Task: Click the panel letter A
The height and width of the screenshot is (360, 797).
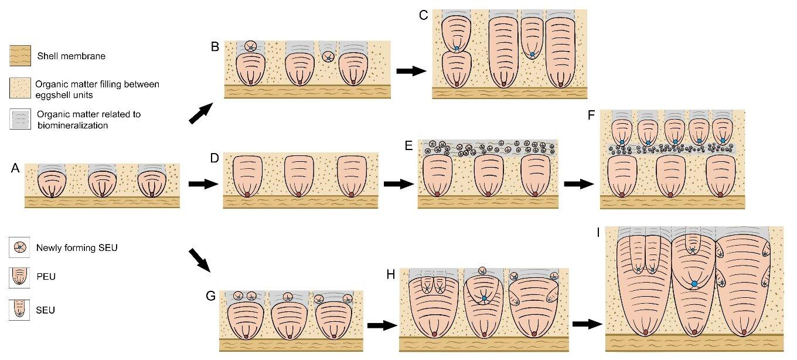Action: (x=15, y=168)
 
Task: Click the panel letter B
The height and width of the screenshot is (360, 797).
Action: (x=215, y=47)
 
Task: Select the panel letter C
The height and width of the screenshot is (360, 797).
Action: (x=423, y=15)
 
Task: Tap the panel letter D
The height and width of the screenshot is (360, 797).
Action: (x=214, y=158)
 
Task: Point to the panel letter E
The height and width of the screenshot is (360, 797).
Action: (x=408, y=145)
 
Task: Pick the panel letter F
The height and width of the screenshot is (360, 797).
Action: (x=591, y=115)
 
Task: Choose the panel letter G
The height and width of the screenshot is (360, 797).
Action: (x=210, y=296)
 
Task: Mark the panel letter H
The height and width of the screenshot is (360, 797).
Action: (x=391, y=274)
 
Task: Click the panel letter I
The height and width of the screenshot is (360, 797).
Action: (x=598, y=233)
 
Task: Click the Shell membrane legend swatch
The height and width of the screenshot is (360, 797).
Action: (x=21, y=56)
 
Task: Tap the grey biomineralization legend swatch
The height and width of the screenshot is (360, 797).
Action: (x=21, y=119)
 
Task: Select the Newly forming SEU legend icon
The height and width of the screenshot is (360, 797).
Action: (x=19, y=247)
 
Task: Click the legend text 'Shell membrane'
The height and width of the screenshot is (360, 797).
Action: (x=71, y=56)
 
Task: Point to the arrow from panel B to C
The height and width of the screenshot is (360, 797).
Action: (x=411, y=71)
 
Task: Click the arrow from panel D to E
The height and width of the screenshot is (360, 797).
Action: (x=399, y=184)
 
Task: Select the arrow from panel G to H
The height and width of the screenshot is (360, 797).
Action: (x=382, y=325)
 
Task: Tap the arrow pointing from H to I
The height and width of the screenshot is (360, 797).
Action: (x=587, y=324)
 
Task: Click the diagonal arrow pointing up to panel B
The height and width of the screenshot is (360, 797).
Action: (x=201, y=113)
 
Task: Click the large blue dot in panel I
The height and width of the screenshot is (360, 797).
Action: (x=694, y=284)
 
